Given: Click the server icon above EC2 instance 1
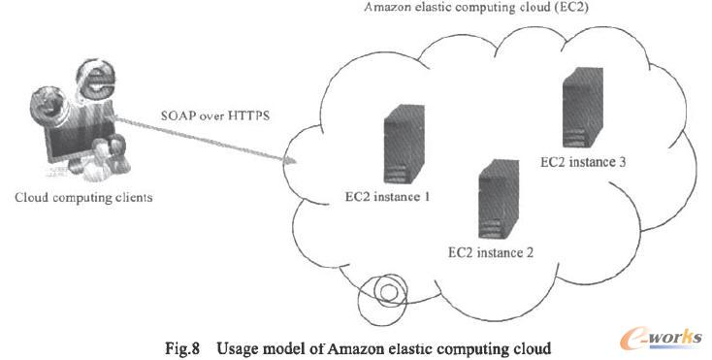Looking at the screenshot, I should [398, 147].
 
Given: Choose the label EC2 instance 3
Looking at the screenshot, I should [581, 161].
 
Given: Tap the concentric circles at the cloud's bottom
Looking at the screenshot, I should [386, 290].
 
